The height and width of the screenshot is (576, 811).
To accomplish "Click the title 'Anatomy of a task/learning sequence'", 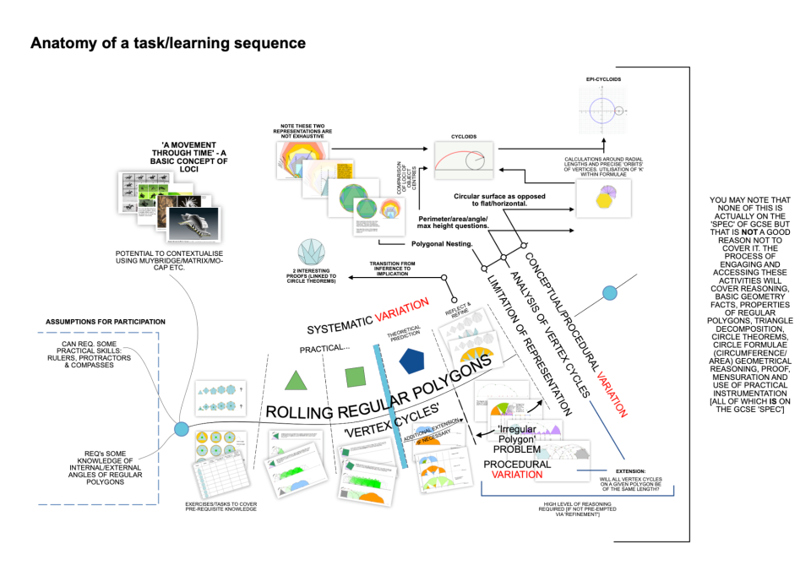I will pos(168,43).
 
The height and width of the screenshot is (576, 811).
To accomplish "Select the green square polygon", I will pos(355,377).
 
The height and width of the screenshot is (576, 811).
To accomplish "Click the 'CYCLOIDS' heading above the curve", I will pos(464,135).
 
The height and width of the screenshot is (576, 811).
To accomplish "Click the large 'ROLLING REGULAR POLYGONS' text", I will pos(380,397).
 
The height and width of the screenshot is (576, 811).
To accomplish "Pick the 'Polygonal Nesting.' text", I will pos(442,243).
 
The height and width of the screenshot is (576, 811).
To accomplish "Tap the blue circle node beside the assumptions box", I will pos(181,430).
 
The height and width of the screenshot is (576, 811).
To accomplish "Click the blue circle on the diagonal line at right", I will pos(609,293).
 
